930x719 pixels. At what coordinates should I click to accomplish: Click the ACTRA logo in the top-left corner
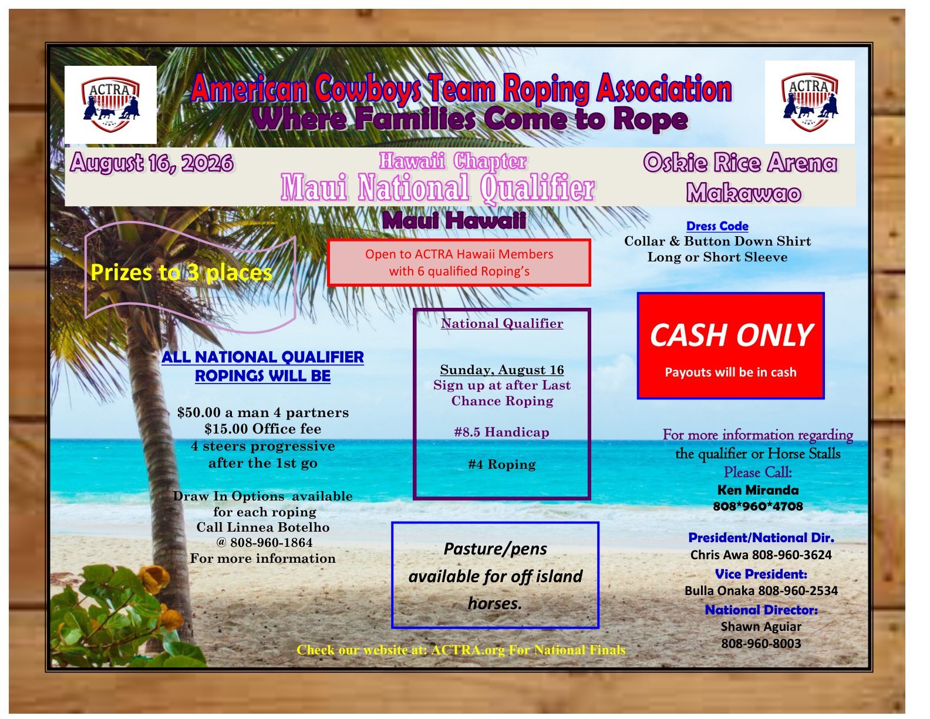point(110,105)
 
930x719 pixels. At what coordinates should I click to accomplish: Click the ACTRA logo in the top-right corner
point(809,102)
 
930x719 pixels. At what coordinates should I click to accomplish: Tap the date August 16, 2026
point(152,163)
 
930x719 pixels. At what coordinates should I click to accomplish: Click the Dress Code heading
point(717,226)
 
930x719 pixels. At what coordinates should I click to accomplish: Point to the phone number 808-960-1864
point(271,543)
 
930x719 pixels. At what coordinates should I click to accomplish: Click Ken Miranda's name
point(758,490)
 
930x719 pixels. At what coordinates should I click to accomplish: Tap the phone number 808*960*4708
point(758,506)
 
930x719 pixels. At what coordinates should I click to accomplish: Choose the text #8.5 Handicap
point(501,432)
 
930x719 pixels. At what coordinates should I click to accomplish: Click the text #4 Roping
point(501,464)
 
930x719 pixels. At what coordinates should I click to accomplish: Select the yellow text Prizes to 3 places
point(181,273)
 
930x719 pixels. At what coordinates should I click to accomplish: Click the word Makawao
point(744,193)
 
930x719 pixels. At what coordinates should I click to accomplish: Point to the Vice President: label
point(761,574)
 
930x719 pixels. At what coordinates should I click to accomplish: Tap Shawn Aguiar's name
point(761,627)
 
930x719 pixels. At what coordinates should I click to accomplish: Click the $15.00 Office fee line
point(263,429)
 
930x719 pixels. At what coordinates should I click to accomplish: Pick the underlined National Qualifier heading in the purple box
point(501,323)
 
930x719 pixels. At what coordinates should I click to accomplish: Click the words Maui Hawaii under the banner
point(454,220)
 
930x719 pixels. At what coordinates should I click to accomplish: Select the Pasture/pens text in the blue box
point(495,549)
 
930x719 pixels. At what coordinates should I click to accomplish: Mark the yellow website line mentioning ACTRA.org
point(461,650)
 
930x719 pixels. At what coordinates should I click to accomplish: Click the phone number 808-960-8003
point(761,644)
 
